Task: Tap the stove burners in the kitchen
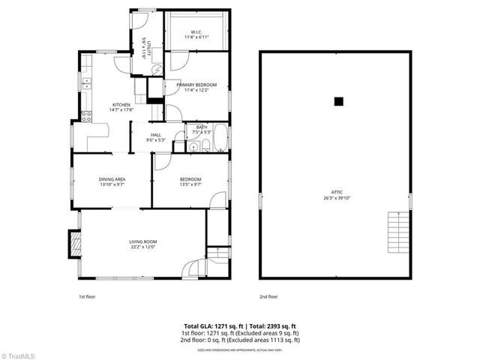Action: click(x=86, y=116)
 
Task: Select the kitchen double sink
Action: click(x=85, y=85)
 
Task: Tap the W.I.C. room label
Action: click(x=196, y=31)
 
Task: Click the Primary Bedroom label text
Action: click(x=196, y=85)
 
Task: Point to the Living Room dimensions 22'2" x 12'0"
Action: click(x=143, y=247)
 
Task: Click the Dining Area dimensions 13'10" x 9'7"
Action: click(x=112, y=184)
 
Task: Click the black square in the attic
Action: click(x=338, y=101)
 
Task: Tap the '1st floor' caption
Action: click(x=87, y=296)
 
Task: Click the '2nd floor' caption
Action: click(x=268, y=296)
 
